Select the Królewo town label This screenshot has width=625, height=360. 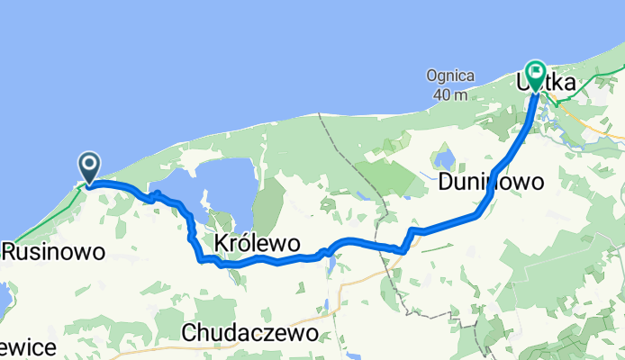point(257,242)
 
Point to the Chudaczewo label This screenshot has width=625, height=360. point(249,332)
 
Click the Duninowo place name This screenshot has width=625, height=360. point(492,183)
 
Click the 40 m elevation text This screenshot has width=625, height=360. point(448,94)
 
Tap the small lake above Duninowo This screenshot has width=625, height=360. point(443,160)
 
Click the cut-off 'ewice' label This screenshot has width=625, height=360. point(29,347)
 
